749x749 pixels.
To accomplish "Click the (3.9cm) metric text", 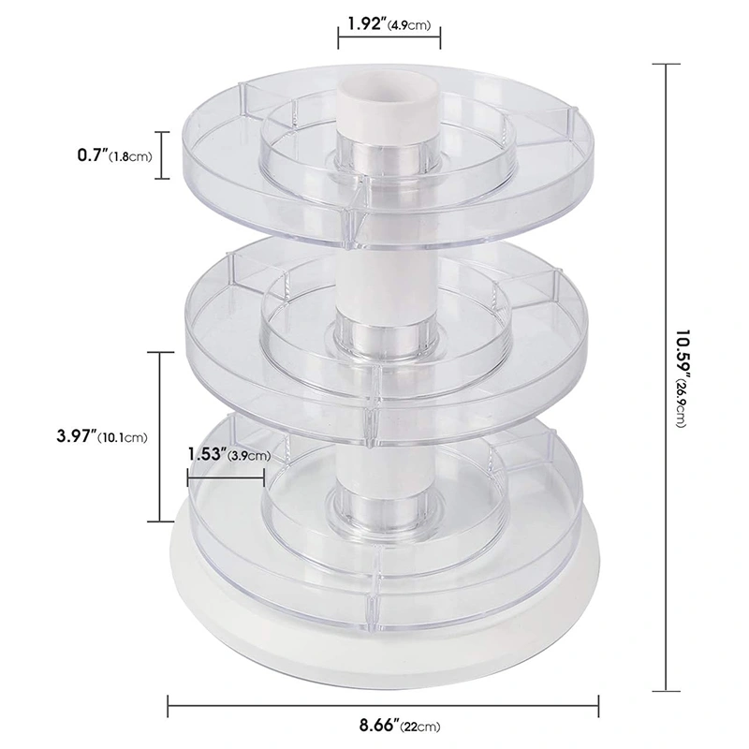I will (249, 456).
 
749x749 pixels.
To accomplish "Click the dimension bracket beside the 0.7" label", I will (166, 155).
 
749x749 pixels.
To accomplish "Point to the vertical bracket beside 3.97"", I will (160, 436).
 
